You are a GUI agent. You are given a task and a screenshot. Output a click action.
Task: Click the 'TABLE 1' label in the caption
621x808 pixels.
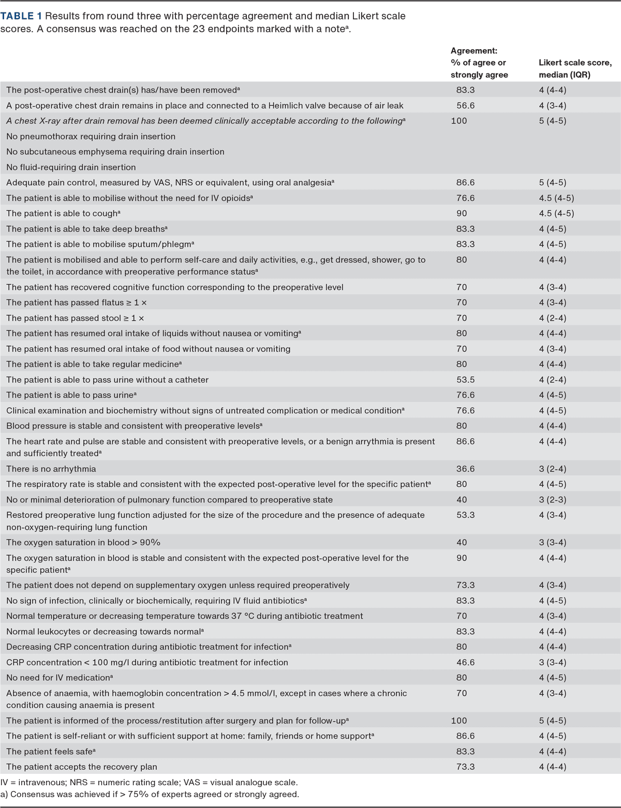(x=21, y=16)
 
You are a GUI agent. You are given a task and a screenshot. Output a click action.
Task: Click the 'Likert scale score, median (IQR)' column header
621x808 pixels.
(x=574, y=69)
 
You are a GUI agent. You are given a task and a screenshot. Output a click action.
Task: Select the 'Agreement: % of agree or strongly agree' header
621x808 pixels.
(x=479, y=63)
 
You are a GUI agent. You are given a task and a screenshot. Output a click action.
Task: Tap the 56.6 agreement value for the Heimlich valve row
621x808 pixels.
(x=465, y=106)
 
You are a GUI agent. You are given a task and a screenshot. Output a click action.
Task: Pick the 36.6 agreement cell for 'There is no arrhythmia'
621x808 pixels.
(x=465, y=469)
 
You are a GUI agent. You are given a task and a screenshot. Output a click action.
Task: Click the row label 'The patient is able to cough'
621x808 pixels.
(x=63, y=213)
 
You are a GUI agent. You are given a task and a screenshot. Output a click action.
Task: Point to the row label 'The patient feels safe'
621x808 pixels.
(x=51, y=751)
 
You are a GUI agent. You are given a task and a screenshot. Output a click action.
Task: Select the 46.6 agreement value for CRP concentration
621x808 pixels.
(x=465, y=662)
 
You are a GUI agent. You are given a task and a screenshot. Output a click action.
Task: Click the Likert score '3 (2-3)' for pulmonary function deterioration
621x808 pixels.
(x=552, y=500)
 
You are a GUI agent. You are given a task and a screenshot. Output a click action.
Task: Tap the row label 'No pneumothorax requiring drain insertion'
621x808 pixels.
(x=91, y=137)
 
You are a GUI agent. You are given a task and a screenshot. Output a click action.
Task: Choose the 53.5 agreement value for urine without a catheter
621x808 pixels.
(x=465, y=380)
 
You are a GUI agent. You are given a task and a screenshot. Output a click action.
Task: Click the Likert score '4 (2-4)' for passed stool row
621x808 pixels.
(x=552, y=318)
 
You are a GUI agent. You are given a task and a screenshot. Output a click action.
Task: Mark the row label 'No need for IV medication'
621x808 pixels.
(x=60, y=678)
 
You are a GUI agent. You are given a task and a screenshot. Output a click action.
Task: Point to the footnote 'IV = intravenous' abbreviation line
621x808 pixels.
(x=149, y=783)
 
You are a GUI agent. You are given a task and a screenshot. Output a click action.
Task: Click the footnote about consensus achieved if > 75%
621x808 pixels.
(x=150, y=794)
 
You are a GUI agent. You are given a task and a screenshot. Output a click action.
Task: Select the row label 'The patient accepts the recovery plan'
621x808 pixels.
(x=82, y=767)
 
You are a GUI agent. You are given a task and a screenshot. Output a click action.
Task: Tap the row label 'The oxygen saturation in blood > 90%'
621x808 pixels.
(x=83, y=543)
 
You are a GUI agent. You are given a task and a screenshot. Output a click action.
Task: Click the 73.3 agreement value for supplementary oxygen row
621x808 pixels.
(x=465, y=585)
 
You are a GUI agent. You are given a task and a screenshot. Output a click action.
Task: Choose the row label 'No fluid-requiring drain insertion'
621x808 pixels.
(x=71, y=167)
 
